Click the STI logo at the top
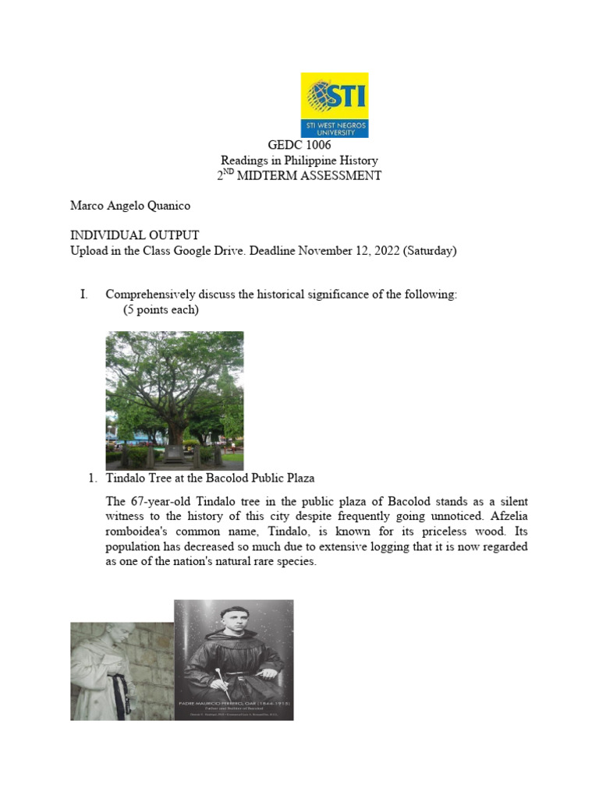[x=334, y=105]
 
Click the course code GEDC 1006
[x=299, y=146]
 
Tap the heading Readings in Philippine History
[x=299, y=161]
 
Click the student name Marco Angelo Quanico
[x=130, y=206]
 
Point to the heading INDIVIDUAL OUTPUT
[x=134, y=235]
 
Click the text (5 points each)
[x=161, y=309]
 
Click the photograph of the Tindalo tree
[x=174, y=400]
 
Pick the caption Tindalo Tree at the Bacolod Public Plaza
[x=211, y=478]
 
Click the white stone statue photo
[x=122, y=670]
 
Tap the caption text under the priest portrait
[x=233, y=705]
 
